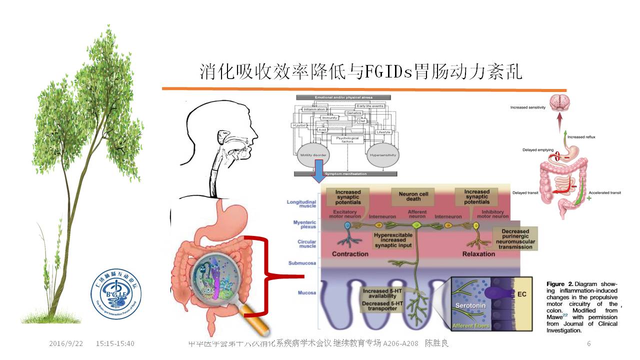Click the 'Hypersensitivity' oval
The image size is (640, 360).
point(382,155)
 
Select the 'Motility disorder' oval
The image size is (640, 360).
point(313,155)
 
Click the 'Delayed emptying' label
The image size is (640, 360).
point(538,149)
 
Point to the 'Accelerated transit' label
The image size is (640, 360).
point(605,192)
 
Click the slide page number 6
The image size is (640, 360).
point(589,343)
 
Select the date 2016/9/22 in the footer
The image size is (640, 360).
point(66,343)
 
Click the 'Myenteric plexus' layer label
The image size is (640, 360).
point(301,224)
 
